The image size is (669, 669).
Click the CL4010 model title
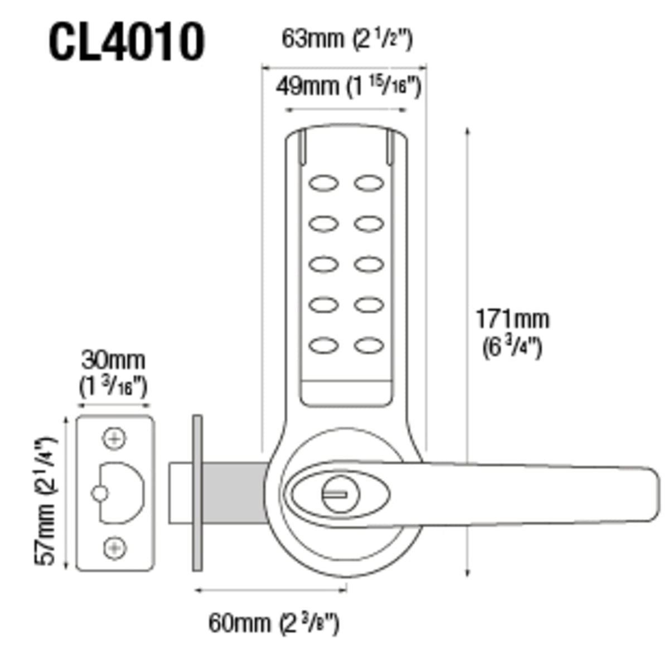(127, 42)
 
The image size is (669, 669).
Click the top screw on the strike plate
(114, 438)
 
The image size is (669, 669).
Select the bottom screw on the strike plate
(114, 548)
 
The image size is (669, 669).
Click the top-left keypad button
(323, 183)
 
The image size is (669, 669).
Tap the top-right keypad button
(369, 183)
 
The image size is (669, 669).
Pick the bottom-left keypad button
(323, 346)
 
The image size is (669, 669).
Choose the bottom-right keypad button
(369, 346)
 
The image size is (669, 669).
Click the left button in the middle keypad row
(323, 264)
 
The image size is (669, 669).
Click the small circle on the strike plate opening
(99, 493)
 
